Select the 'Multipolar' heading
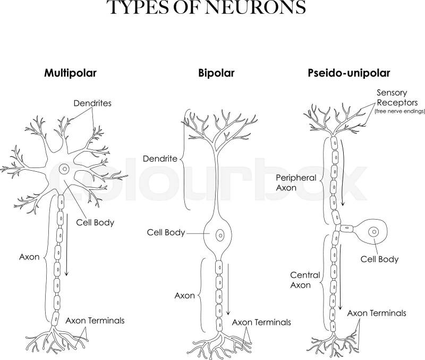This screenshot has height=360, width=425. (x=71, y=73)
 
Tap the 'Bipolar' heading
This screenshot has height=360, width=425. (x=216, y=73)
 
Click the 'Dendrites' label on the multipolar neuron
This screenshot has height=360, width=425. (x=92, y=103)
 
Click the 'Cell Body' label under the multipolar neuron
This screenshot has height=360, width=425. (x=95, y=222)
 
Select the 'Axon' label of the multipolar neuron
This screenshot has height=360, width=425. (x=29, y=257)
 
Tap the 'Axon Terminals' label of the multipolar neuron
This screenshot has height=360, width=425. (x=95, y=321)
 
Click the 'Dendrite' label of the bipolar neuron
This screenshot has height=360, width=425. (x=160, y=158)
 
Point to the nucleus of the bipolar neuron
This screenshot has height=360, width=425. (x=220, y=233)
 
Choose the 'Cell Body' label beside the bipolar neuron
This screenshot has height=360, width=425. (x=166, y=233)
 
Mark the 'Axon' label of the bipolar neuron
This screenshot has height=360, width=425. (x=185, y=295)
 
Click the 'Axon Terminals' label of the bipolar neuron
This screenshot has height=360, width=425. (x=261, y=322)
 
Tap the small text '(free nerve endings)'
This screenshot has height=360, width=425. (x=400, y=112)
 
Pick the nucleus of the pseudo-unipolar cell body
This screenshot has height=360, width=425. (x=375, y=232)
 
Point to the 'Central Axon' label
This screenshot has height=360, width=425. (x=305, y=280)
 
